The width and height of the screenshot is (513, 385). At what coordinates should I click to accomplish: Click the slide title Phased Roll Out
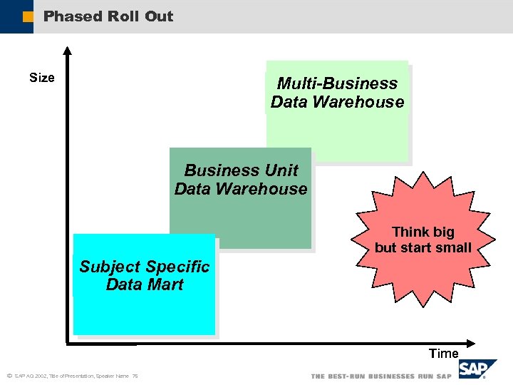[108, 16]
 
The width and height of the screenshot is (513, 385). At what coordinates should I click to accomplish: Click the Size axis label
[42, 78]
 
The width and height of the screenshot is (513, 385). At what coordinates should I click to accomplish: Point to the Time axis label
[443, 353]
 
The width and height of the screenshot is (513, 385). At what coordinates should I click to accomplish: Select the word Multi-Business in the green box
[337, 83]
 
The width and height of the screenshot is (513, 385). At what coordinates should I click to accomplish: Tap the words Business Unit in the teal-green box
[241, 170]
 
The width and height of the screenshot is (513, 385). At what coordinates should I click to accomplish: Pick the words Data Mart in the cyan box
[145, 284]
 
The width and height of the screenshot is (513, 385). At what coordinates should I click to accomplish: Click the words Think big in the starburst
[423, 232]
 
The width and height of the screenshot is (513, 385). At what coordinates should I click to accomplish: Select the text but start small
[423, 248]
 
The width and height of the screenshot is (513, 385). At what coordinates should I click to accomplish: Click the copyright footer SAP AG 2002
[31, 376]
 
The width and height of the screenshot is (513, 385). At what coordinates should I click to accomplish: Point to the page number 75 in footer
[135, 376]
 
